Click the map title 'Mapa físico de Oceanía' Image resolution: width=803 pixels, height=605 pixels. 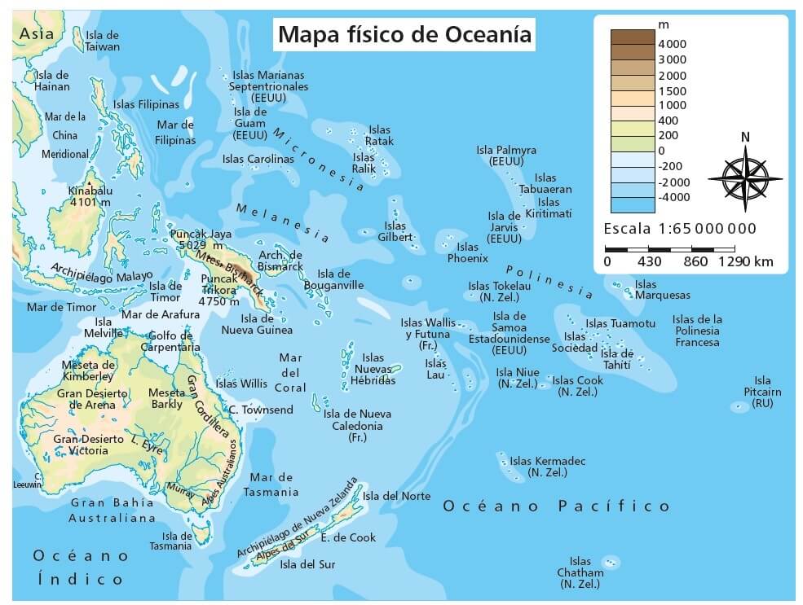pos(404,35)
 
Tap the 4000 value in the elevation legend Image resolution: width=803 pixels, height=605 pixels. pos(673,44)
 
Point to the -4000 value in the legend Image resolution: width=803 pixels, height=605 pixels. pos(673,197)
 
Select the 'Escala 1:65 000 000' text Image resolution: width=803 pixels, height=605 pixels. pos(680,229)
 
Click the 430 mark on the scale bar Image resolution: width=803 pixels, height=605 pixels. pos(649,262)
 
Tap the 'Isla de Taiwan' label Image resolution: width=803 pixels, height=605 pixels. pos(102,41)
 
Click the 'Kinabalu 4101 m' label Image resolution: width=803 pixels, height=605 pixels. pos(90,196)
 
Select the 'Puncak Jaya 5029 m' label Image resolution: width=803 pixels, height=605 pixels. pos(196,239)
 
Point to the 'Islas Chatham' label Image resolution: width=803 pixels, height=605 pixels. pos(580,572)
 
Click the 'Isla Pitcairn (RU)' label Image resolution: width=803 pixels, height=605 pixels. pos(762,392)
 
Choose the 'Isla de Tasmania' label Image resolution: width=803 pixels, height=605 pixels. pos(176,541)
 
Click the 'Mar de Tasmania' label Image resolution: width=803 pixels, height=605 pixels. pos(274,484)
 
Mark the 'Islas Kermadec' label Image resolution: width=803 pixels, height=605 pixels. pos(547,467)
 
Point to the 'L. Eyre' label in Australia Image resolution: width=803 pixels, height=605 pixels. pos(147,444)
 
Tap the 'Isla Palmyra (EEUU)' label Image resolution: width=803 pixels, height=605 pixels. pos(506,156)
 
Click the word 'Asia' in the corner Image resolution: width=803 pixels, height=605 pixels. pos(37,33)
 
